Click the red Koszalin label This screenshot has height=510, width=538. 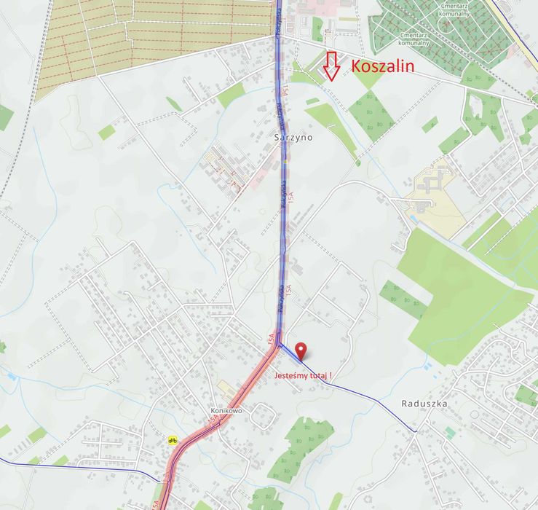(382, 66)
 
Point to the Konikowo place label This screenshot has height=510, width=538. (226, 410)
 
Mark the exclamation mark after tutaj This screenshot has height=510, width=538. (331, 376)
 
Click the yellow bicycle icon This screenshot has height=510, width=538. (173, 440)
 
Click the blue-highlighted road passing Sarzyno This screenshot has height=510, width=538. (281, 182)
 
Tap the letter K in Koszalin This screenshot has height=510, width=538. (357, 66)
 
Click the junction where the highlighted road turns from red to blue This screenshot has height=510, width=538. (279, 345)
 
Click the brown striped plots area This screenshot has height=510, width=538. (146, 36)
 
